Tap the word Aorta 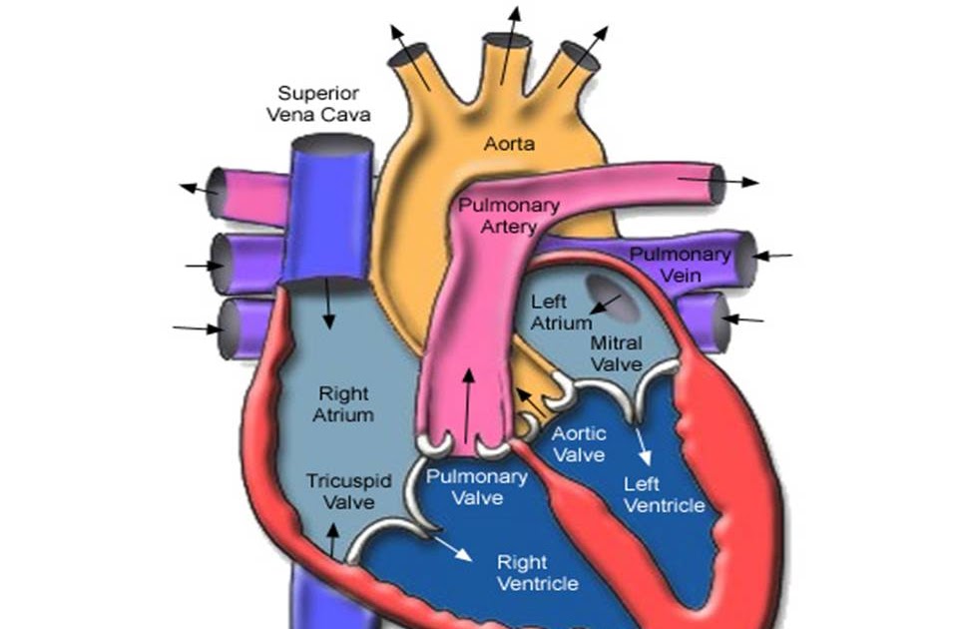click(x=509, y=145)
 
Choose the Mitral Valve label click(x=616, y=353)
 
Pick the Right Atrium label click(x=345, y=402)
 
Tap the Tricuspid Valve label click(x=340, y=490)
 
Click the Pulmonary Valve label click(x=477, y=486)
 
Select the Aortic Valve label click(x=579, y=444)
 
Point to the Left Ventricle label click(x=664, y=495)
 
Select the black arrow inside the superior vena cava click(x=327, y=306)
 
